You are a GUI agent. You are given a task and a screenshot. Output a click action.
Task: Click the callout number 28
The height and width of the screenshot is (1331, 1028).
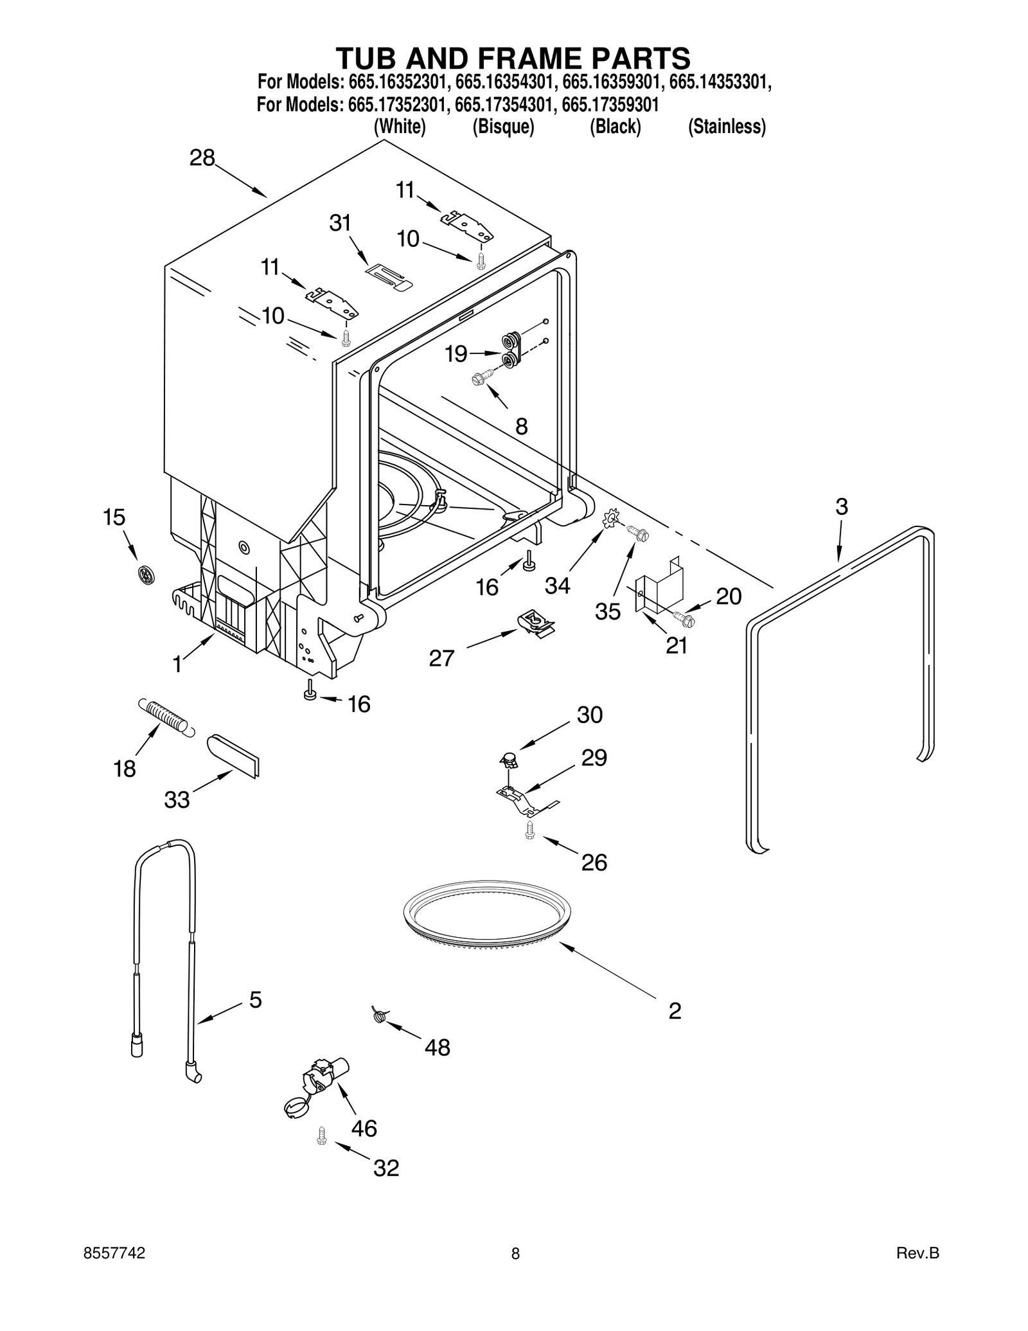pos(202,158)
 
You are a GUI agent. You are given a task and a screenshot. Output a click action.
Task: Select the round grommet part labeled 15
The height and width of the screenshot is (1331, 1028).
pos(147,574)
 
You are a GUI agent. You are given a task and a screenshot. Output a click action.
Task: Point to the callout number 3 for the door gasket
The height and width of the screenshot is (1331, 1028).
pos(841,506)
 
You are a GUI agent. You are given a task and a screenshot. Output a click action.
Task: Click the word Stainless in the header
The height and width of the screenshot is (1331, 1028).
pos(727,127)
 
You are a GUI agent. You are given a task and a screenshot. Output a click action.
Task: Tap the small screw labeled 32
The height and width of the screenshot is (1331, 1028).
pos(322,1136)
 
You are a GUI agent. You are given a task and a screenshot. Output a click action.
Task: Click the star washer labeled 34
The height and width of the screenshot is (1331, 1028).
pos(611,517)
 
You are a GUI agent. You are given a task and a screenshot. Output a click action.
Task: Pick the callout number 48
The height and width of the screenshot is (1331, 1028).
pos(437,1048)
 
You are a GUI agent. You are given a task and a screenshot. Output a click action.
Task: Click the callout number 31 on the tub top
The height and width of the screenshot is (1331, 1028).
pos(340,223)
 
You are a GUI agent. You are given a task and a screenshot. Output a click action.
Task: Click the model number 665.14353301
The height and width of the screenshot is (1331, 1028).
pos(720,82)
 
